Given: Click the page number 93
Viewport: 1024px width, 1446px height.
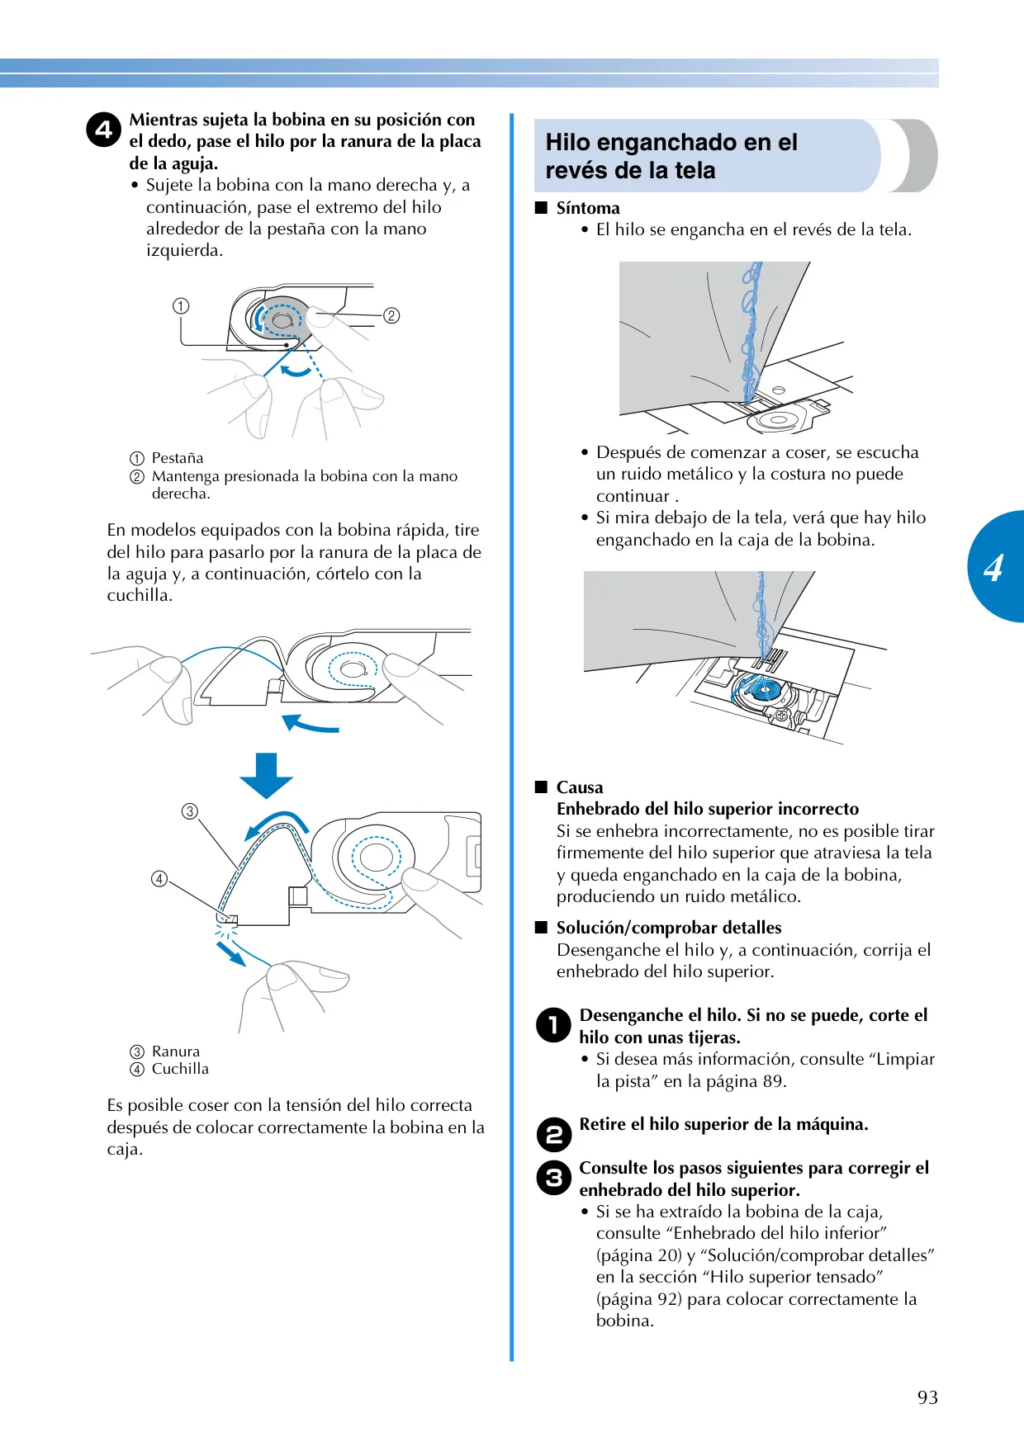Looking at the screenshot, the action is pos(927,1397).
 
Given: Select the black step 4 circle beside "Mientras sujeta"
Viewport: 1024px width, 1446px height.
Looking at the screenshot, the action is pos(104,130).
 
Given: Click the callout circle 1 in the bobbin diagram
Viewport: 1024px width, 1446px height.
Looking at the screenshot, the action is pos(181,306).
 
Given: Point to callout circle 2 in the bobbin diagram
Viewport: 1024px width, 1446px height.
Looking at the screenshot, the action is pos(391,315).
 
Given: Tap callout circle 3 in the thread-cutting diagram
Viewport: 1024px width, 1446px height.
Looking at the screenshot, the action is pos(190,811).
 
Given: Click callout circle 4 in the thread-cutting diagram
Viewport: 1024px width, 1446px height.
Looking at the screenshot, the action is pos(159,879).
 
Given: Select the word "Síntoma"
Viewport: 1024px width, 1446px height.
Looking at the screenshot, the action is pos(588,208).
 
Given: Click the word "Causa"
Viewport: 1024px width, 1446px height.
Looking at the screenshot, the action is pos(580,787).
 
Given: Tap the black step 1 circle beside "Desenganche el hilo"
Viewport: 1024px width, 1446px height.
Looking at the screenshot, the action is pos(553,1025).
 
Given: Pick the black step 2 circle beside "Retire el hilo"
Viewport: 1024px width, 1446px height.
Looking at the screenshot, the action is pos(553,1134).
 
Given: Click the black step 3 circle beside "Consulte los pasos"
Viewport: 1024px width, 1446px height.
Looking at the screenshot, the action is pos(553,1178).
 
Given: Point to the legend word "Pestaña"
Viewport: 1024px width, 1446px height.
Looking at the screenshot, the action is pos(178,458).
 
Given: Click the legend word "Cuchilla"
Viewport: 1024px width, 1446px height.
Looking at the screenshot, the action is pos(180,1069).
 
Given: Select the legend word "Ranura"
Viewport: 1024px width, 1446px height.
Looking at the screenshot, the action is pos(176,1051).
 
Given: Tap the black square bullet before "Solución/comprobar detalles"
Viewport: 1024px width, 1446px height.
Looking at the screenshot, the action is pos(542,927).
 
